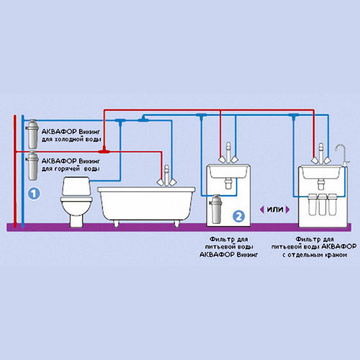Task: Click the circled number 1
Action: point(34,194)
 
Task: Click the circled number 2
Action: point(238,216)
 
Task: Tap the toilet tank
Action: point(76,186)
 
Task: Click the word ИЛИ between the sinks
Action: point(275,210)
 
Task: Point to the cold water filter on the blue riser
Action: point(32,134)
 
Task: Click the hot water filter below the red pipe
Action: point(32,166)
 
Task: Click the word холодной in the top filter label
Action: point(71,140)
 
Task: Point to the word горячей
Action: point(67,169)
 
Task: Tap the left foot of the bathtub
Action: point(116,223)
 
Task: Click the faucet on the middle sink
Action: point(228,153)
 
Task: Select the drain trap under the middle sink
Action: point(228,184)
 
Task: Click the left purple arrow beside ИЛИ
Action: point(262,210)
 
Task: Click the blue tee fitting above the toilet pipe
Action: point(120,121)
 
